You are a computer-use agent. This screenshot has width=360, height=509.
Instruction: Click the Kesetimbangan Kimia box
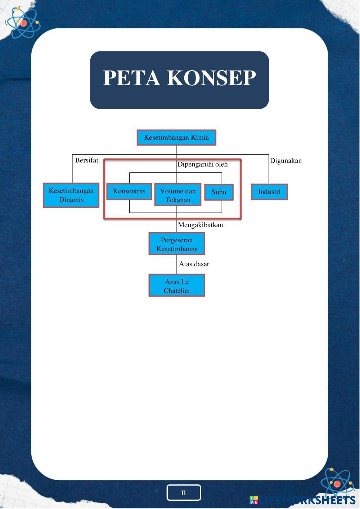tap(176, 138)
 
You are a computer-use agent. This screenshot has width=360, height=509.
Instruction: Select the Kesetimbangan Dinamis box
tap(71, 195)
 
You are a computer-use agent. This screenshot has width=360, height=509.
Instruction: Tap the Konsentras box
tap(129, 191)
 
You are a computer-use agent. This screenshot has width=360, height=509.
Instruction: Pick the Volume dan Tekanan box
tap(178, 195)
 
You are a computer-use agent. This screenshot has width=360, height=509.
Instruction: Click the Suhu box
tap(219, 192)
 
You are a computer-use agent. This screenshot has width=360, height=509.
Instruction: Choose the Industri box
tap(269, 192)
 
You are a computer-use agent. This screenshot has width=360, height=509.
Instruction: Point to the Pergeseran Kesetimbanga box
tap(177, 244)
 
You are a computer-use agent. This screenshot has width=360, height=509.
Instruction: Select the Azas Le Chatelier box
tap(177, 285)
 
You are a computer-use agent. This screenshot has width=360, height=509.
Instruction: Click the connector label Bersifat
tap(87, 161)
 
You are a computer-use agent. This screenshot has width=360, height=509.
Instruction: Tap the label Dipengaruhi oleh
tap(203, 165)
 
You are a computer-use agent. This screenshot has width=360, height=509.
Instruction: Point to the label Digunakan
tap(286, 161)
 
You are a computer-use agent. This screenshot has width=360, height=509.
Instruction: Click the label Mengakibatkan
tap(201, 225)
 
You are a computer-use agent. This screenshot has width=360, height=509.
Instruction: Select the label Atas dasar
tap(194, 264)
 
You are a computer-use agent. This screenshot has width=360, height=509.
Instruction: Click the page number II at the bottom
tap(184, 493)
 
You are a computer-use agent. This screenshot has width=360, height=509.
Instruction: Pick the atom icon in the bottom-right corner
tap(337, 483)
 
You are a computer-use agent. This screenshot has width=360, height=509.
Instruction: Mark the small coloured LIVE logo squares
tap(254, 500)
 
